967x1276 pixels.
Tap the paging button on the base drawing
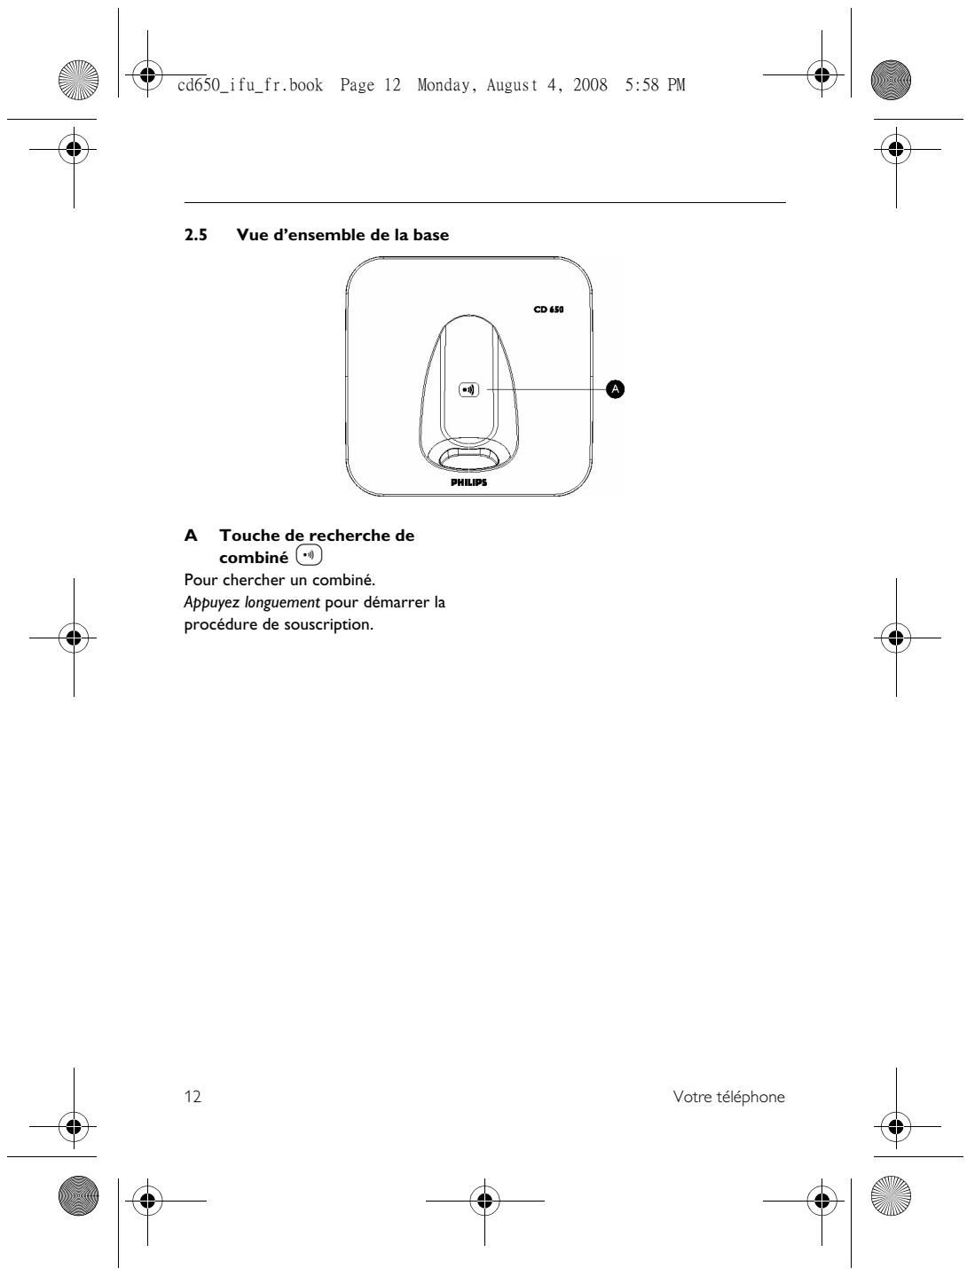[x=468, y=389]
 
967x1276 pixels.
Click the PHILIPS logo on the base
[x=468, y=483]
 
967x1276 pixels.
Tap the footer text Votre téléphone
[x=728, y=1097]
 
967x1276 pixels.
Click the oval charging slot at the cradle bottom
[x=468, y=456]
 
